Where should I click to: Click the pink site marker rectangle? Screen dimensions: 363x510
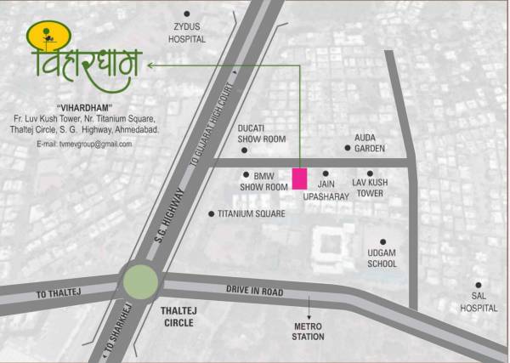coord(299,179)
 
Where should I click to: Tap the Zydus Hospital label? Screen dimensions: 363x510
coord(187,32)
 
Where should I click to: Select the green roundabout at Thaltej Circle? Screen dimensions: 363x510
coord(140,281)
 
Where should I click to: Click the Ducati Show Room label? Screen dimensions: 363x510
coord(261,133)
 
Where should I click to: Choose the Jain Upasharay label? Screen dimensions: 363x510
coord(326,189)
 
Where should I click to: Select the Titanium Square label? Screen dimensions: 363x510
coord(251,214)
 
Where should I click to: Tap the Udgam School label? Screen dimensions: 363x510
coord(382,258)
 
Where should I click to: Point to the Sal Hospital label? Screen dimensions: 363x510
coord(479,303)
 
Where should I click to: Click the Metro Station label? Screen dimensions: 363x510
coord(309,332)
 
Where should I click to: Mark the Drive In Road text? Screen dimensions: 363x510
coord(254,291)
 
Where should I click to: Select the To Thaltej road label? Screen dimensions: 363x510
coord(58,294)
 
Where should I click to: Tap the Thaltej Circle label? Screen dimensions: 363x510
coord(178,317)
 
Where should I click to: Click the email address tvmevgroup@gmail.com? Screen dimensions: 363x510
coord(84,145)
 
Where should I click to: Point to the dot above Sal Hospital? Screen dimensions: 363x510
coord(479,286)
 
